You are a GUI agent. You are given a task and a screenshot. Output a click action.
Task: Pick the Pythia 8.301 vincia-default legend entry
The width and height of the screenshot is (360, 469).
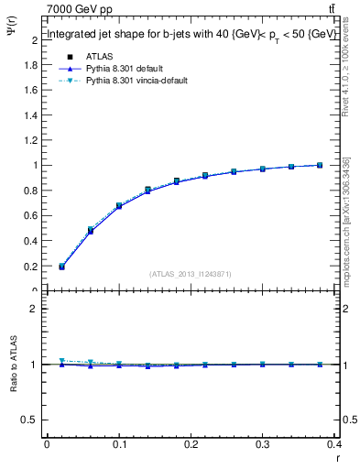[132, 81]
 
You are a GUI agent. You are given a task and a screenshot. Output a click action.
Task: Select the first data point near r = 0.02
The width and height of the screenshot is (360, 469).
[61, 267]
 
